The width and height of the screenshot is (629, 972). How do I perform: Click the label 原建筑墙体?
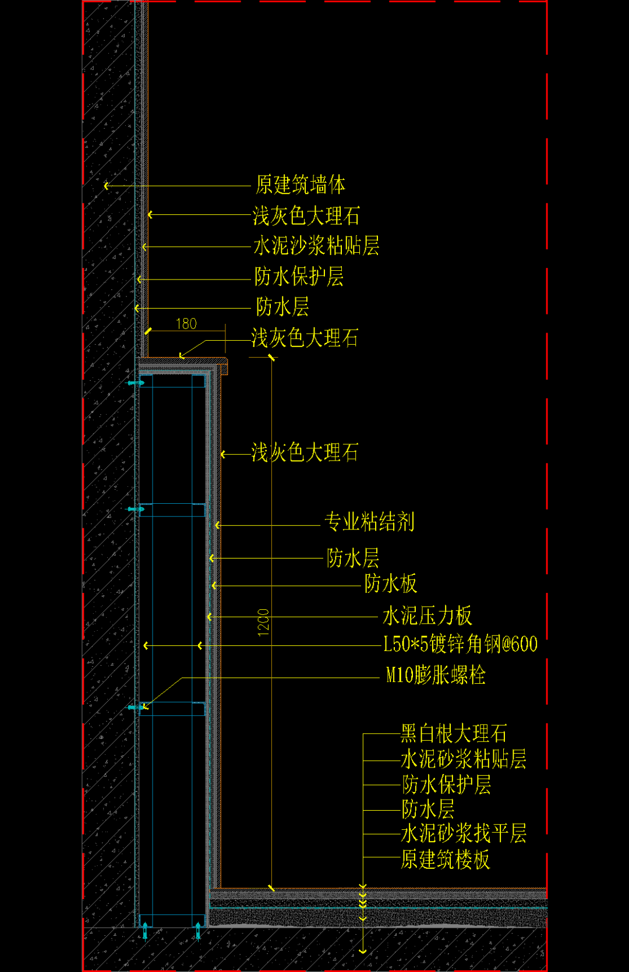(x=301, y=185)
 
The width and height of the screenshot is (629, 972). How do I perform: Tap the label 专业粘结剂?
(x=369, y=521)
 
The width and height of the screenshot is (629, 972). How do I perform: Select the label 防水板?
(x=391, y=583)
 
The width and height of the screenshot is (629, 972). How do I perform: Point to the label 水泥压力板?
(x=427, y=616)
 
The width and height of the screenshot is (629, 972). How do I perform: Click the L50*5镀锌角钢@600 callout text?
(x=460, y=644)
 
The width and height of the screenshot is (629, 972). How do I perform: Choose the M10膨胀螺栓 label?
(x=436, y=675)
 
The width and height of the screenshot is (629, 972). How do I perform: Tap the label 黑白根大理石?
(x=453, y=734)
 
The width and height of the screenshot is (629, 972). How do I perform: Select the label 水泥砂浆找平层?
(x=463, y=833)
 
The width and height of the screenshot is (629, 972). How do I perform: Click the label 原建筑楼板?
(x=445, y=860)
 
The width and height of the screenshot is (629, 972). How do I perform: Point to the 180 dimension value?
(x=186, y=324)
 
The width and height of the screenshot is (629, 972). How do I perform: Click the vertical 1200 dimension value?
(x=263, y=623)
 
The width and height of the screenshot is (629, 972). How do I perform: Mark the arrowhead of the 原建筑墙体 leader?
(x=106, y=186)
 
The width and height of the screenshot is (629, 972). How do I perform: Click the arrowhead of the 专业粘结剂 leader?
(x=217, y=525)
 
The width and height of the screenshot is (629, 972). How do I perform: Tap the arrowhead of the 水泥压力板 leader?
(x=210, y=617)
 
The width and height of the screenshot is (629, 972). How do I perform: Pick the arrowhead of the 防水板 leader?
(x=214, y=586)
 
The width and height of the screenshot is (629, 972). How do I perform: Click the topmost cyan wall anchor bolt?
(x=135, y=383)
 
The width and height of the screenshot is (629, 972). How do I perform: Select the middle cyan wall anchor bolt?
(x=135, y=509)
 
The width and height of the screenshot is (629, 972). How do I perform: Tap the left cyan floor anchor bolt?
(x=145, y=931)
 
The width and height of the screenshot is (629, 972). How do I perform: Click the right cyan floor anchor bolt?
(x=198, y=931)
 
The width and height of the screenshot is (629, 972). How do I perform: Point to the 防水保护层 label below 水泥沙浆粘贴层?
(x=299, y=277)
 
